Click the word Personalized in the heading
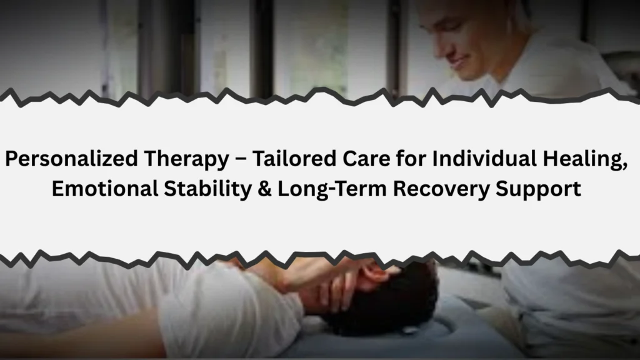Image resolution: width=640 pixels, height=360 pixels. point(71,159)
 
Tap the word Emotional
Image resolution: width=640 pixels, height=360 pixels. point(105,189)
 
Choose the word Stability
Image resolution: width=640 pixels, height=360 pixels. point(207,189)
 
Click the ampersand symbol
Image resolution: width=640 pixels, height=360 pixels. point(264,189)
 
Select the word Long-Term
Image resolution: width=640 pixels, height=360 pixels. point(332,189)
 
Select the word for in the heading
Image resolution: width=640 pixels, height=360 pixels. point(411,158)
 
